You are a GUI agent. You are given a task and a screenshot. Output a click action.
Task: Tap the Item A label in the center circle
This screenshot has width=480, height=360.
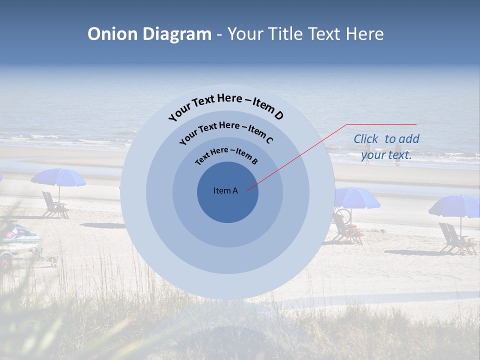[225, 190]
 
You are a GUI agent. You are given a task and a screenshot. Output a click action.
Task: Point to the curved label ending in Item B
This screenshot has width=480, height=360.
[226, 155]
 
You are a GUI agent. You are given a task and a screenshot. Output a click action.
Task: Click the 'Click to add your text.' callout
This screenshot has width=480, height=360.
[386, 147]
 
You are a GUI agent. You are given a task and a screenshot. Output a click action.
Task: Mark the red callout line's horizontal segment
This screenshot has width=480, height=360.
[381, 124]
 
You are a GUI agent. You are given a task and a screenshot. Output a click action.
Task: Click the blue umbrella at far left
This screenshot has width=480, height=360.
[58, 177]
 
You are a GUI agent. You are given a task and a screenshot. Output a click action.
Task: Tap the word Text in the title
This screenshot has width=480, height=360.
[322, 34]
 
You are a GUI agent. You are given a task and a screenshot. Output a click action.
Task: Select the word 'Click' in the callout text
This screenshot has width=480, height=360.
[367, 139]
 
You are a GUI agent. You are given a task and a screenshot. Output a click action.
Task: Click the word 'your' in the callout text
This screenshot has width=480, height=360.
[373, 155]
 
